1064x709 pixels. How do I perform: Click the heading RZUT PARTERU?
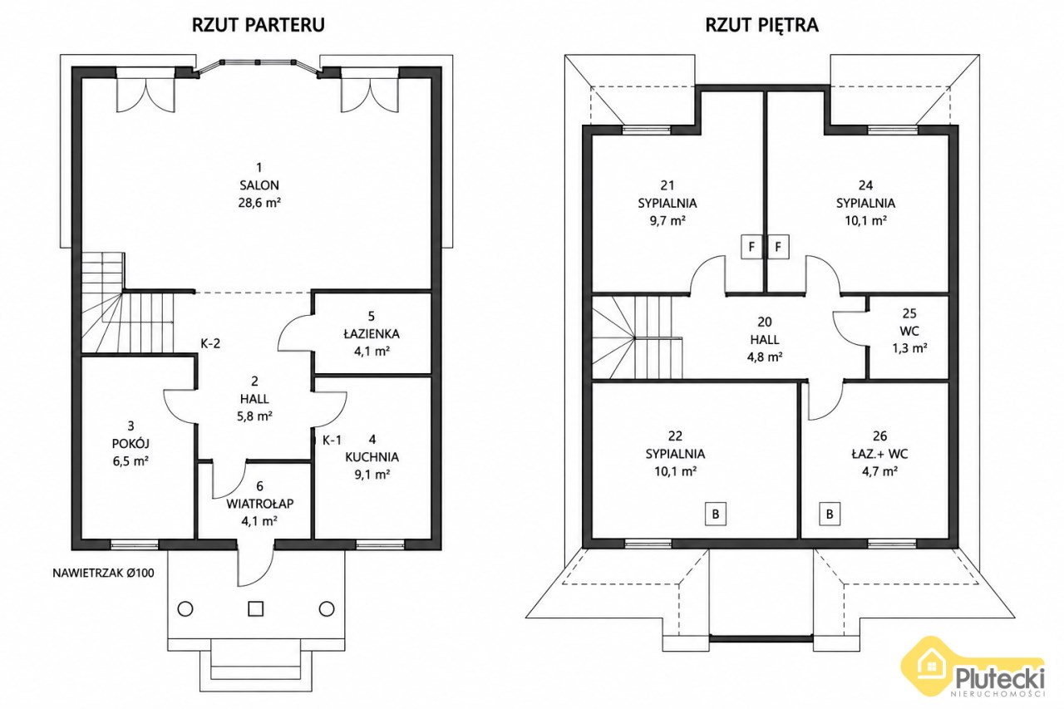click(x=259, y=25)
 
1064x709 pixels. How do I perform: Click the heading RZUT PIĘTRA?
click(x=762, y=25)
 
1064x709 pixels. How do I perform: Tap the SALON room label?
click(x=259, y=185)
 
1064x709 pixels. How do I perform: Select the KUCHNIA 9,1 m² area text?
click(x=372, y=475)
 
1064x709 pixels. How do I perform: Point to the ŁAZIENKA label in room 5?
click(x=372, y=334)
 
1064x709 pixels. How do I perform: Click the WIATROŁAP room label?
click(x=259, y=504)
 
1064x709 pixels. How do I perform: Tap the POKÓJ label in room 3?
click(x=131, y=444)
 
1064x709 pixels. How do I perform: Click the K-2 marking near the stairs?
click(x=210, y=343)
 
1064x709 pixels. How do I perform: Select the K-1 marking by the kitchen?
click(x=332, y=441)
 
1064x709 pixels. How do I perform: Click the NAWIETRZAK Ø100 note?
click(x=103, y=574)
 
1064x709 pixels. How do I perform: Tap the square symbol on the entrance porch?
click(x=255, y=608)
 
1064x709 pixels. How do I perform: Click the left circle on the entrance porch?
click(x=185, y=608)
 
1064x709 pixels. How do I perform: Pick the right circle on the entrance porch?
click(x=327, y=608)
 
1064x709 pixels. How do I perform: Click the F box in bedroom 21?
click(x=751, y=247)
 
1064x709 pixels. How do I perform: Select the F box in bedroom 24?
click(x=778, y=247)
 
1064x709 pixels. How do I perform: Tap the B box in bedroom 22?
click(x=716, y=514)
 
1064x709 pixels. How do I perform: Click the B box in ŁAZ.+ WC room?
click(x=830, y=514)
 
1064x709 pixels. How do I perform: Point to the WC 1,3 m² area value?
click(x=909, y=348)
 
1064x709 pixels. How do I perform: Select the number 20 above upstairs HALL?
click(x=764, y=322)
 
